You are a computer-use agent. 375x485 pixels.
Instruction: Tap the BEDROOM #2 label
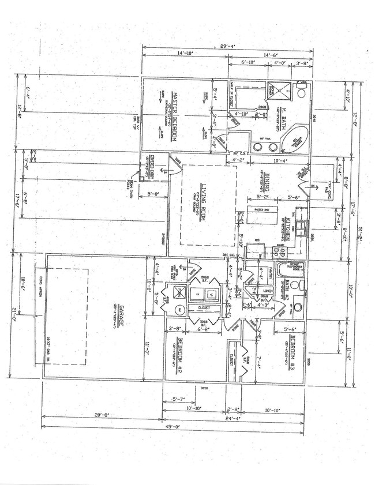[179, 359]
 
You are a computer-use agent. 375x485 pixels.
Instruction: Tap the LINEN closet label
[267, 291]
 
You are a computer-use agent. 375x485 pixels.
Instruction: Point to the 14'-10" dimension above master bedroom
[185, 53]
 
